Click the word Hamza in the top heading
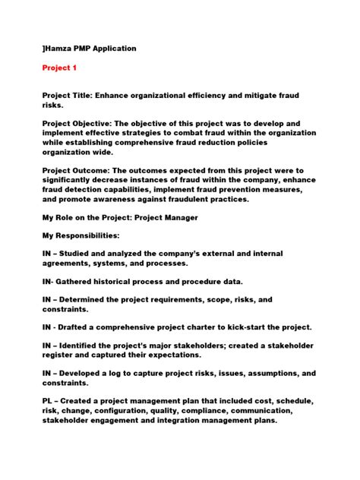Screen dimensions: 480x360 pyautogui.click(x=60, y=49)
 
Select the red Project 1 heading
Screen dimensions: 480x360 pyautogui.click(x=59, y=68)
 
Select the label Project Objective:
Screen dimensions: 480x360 pyautogui.click(x=81, y=122)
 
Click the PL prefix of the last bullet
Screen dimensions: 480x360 pyautogui.click(x=47, y=400)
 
